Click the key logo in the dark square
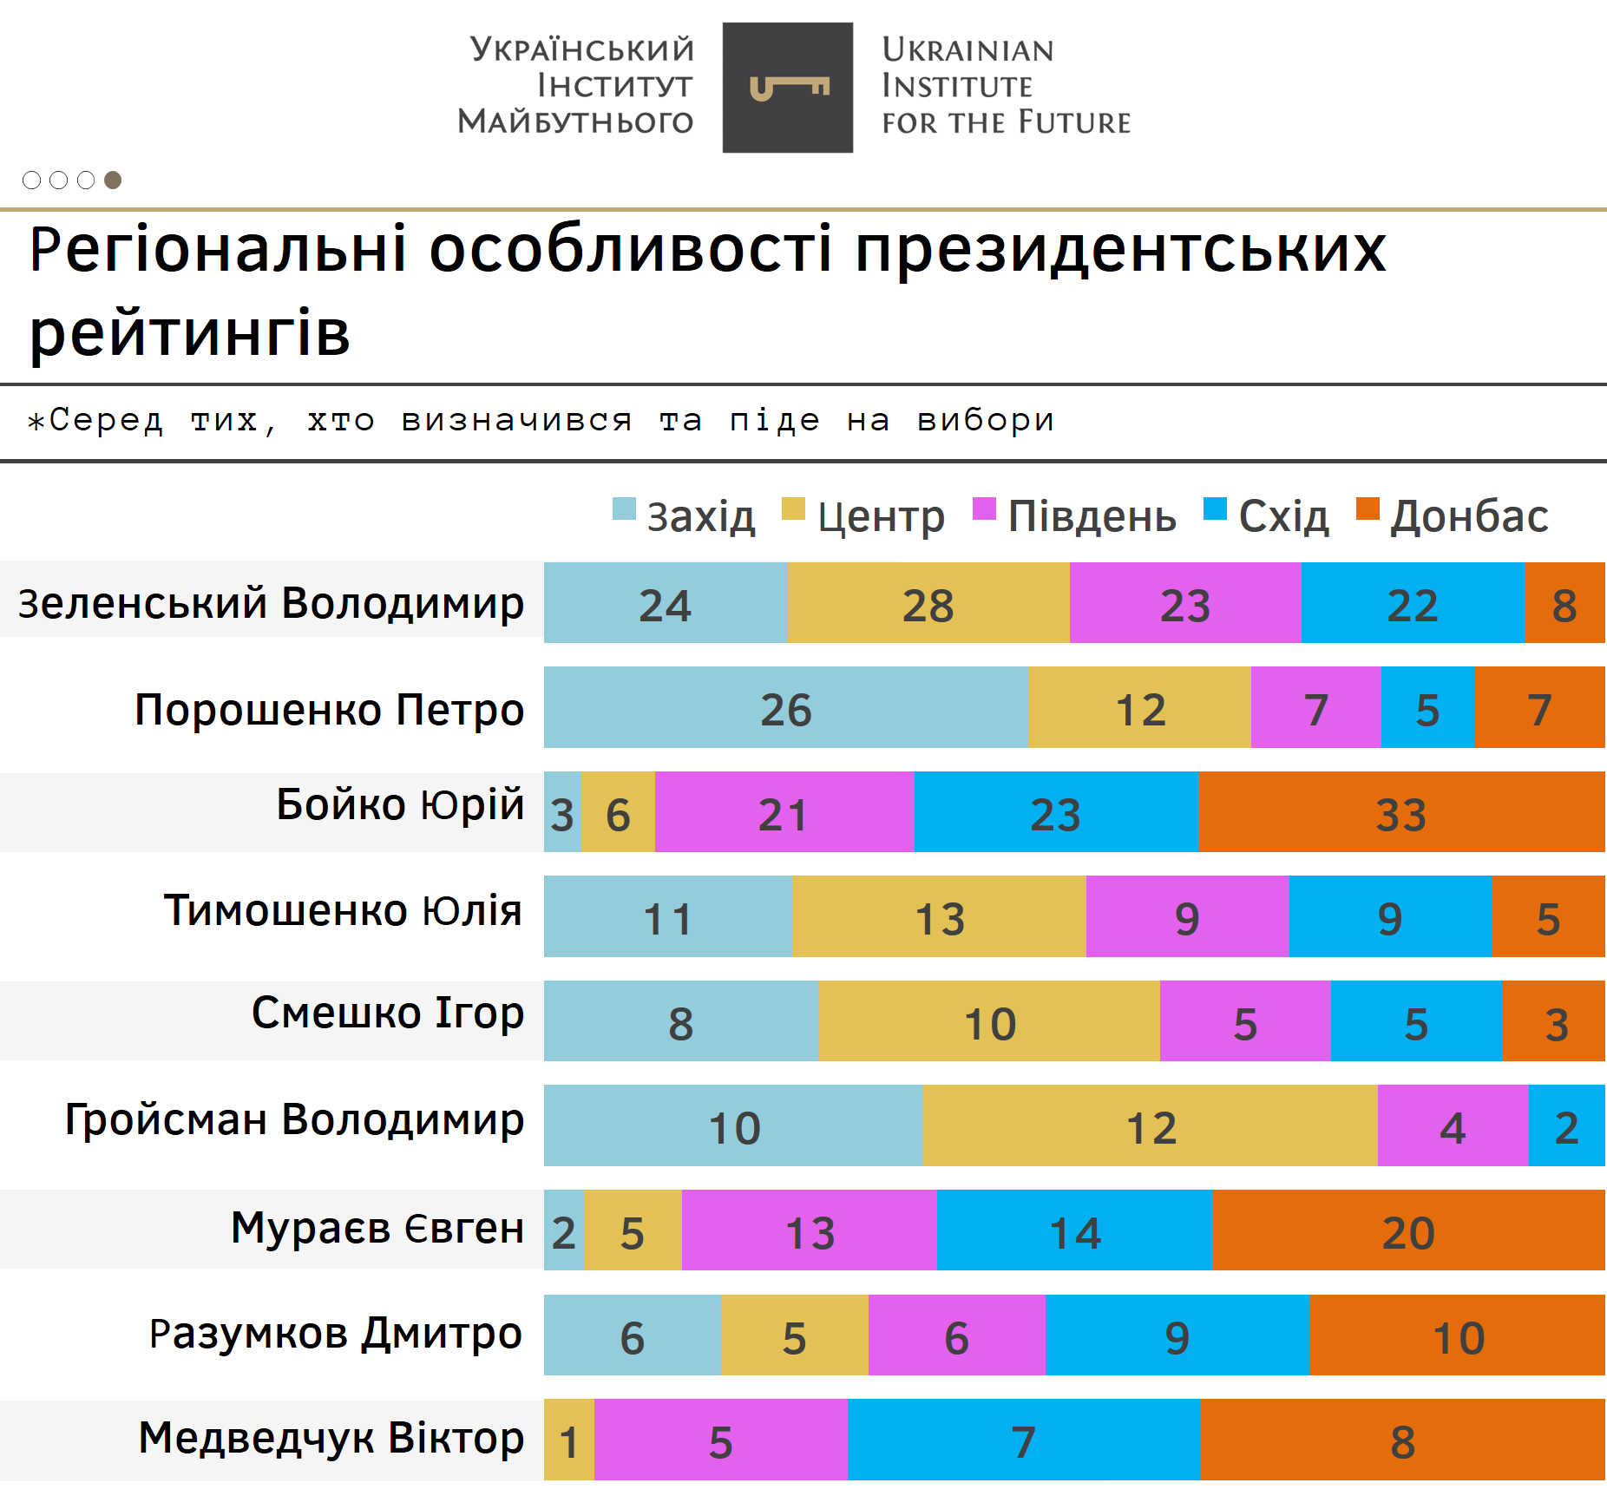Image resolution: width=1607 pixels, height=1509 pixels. (788, 88)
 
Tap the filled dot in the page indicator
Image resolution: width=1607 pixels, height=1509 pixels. (113, 180)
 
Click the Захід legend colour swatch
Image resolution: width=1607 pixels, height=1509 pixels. (624, 509)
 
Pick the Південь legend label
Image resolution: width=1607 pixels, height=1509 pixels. (1092, 516)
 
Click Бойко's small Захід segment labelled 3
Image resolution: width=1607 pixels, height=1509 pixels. (562, 813)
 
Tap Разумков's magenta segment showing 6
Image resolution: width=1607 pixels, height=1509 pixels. (956, 1335)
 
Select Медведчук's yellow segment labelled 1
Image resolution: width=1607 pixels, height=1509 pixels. (569, 1440)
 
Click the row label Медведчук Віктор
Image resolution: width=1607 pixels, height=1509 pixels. (331, 1438)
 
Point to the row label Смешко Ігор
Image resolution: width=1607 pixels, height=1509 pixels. (388, 1013)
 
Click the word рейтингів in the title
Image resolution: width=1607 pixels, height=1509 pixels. (190, 332)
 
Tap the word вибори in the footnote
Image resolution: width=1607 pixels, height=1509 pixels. (986, 420)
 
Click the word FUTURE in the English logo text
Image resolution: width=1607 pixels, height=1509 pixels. (1074, 122)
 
